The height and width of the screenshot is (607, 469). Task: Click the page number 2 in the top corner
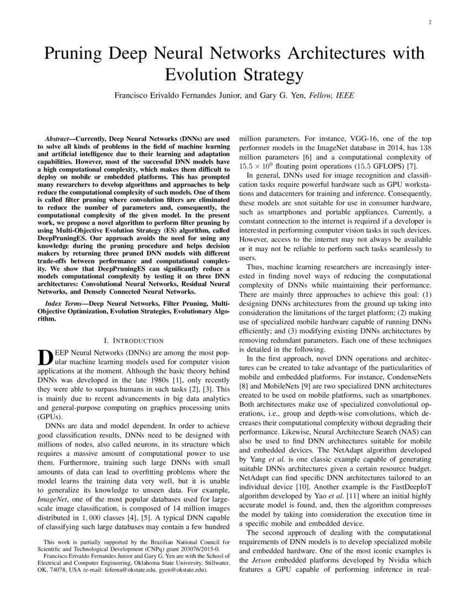pos(429,23)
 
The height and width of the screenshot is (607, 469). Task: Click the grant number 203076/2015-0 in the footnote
pos(195,550)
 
